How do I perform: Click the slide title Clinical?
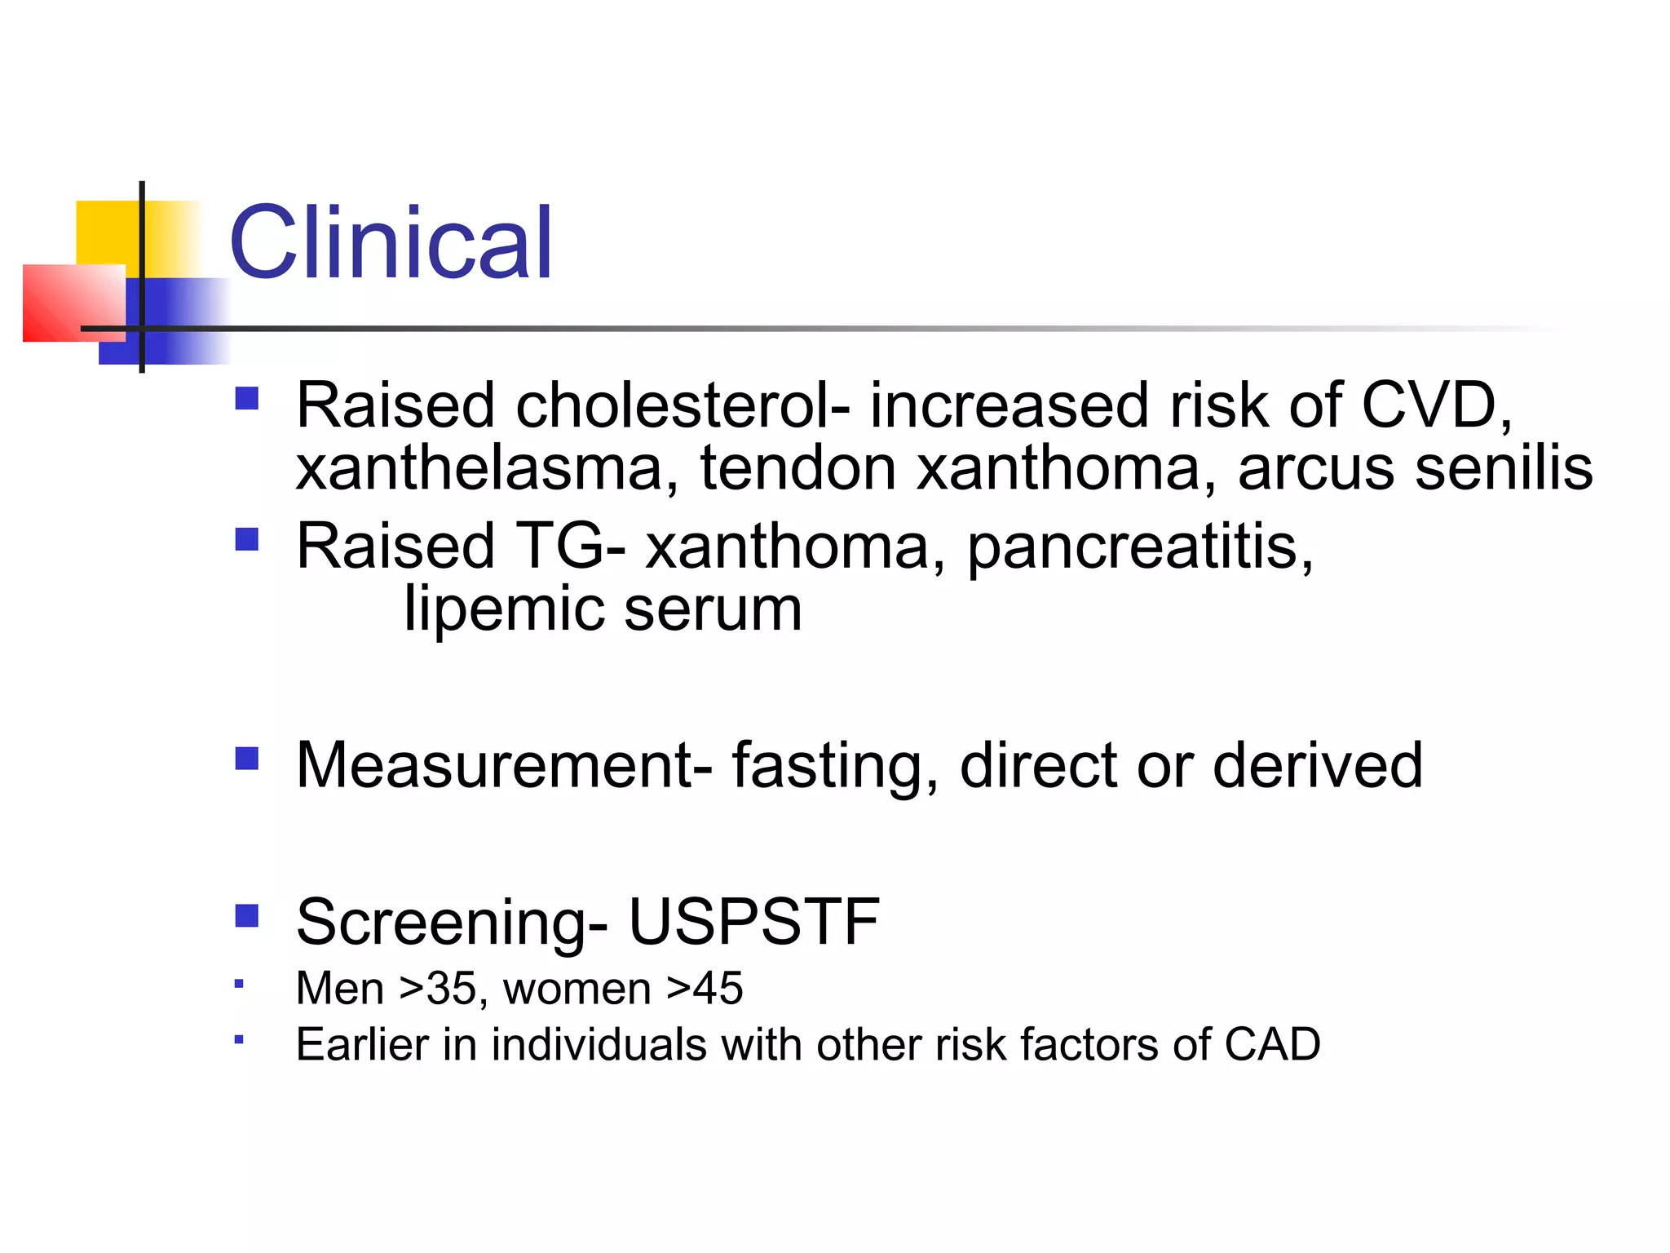[x=391, y=242]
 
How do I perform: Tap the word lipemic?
[x=504, y=609]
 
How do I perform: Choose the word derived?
[x=1318, y=765]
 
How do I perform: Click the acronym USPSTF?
[x=754, y=922]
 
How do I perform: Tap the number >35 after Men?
[x=444, y=989]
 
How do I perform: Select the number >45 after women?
[x=705, y=989]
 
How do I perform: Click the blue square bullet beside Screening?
[x=246, y=915]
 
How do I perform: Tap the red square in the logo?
[x=73, y=303]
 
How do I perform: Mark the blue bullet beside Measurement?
[x=246, y=759]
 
